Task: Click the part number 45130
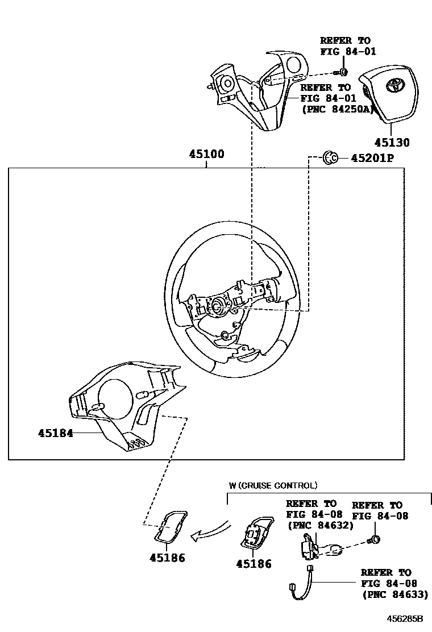click(x=392, y=143)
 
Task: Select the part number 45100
click(x=206, y=155)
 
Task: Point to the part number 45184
click(x=56, y=433)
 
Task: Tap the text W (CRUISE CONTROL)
click(x=273, y=486)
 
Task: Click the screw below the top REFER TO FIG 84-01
click(x=343, y=72)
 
